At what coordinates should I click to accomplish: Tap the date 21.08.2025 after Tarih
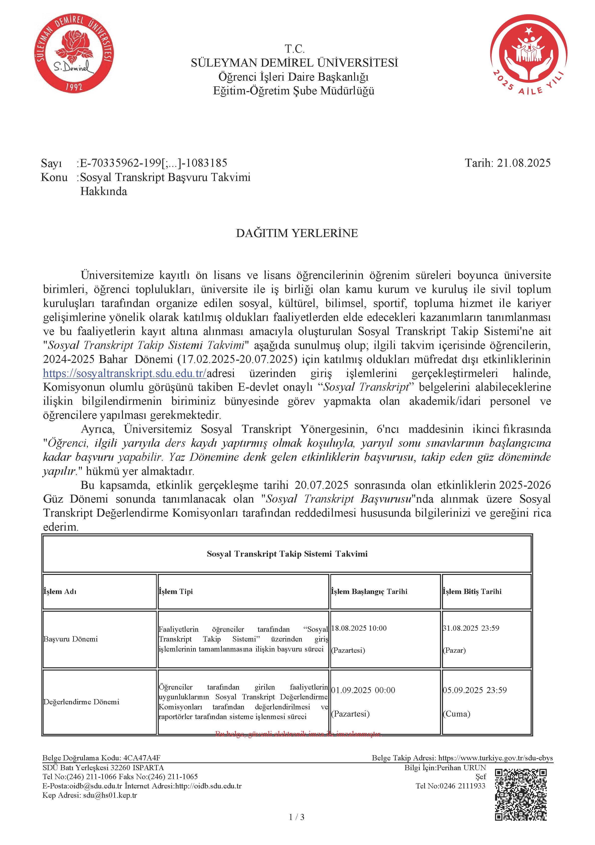pyautogui.click(x=524, y=163)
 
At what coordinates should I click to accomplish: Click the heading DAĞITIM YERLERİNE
pyautogui.click(x=297, y=233)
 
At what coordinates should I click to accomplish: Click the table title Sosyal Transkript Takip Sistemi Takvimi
pyautogui.click(x=287, y=554)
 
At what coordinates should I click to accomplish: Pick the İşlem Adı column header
pyautogui.click(x=60, y=591)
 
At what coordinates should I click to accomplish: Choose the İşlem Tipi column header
pyautogui.click(x=176, y=591)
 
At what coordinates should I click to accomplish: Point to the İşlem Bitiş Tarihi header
pyautogui.click(x=472, y=591)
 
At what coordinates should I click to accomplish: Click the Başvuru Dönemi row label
pyautogui.click(x=71, y=639)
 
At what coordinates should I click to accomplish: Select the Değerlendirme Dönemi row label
pyautogui.click(x=81, y=702)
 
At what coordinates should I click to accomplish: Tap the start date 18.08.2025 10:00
pyautogui.click(x=359, y=628)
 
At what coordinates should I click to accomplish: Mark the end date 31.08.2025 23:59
pyautogui.click(x=471, y=628)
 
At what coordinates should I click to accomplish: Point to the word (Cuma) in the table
pyautogui.click(x=457, y=714)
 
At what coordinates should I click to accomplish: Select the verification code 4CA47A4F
pyautogui.click(x=142, y=758)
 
